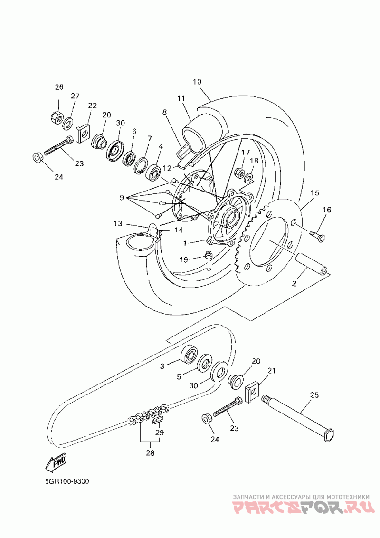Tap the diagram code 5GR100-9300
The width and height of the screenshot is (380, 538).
[x=67, y=481]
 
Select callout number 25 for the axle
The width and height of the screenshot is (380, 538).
[x=314, y=395]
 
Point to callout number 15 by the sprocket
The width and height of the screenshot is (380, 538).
[x=314, y=193]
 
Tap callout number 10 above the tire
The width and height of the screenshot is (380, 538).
[x=197, y=82]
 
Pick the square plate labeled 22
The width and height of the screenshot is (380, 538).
[x=83, y=133]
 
